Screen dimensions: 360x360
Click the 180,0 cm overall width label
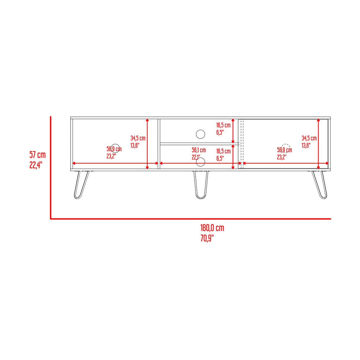tap(212, 228)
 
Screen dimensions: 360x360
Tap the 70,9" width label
tap(207, 238)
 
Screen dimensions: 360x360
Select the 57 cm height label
tap(37, 154)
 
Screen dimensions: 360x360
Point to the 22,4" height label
tap(36, 165)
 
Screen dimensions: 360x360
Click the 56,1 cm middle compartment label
tap(199, 150)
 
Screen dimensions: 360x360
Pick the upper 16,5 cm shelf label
tap(223, 125)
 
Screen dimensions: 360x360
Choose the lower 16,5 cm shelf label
tap(223, 151)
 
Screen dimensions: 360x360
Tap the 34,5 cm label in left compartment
tap(138, 138)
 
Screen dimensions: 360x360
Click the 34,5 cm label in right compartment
tap(309, 138)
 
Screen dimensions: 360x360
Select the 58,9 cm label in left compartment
tap(114, 149)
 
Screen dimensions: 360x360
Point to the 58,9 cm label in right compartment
tap(284, 150)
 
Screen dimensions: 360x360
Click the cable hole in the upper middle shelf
tap(200, 134)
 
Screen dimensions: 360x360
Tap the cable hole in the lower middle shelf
tap(201, 162)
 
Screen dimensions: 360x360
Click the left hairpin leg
tap(82, 184)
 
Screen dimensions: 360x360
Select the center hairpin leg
tap(201, 184)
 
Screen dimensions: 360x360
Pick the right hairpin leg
tap(319, 184)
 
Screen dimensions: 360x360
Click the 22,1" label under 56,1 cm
tap(196, 157)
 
